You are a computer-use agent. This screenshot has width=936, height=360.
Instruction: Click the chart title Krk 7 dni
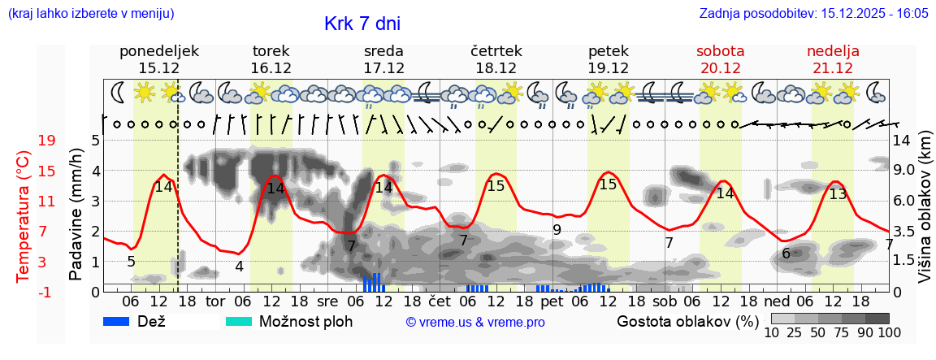pos(362,24)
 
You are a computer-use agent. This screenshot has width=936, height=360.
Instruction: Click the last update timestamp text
pos(813,14)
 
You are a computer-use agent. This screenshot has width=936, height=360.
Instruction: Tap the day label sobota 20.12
pos(720,59)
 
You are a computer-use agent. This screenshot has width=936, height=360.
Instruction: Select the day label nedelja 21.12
pos(833,59)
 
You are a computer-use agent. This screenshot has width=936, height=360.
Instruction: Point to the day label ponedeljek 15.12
pos(158,59)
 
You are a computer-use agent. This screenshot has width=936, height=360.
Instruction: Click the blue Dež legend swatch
pos(123,321)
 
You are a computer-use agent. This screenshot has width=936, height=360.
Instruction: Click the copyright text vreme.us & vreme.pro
pos(474,323)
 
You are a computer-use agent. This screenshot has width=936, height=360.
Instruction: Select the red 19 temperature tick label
pos(46,141)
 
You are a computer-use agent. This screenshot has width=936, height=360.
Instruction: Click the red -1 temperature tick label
pos(46,292)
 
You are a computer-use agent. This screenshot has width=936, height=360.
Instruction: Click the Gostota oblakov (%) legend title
pos(687,321)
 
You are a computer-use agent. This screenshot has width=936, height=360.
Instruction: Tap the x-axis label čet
pos(440,301)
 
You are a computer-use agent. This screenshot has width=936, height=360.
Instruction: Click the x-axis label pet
pos(552,301)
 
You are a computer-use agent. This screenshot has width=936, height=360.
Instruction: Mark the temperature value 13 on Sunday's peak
pos(838,193)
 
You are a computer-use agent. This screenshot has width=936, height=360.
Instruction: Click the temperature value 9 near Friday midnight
pos(557,230)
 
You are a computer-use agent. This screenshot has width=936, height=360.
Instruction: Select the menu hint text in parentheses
pos(90,14)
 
